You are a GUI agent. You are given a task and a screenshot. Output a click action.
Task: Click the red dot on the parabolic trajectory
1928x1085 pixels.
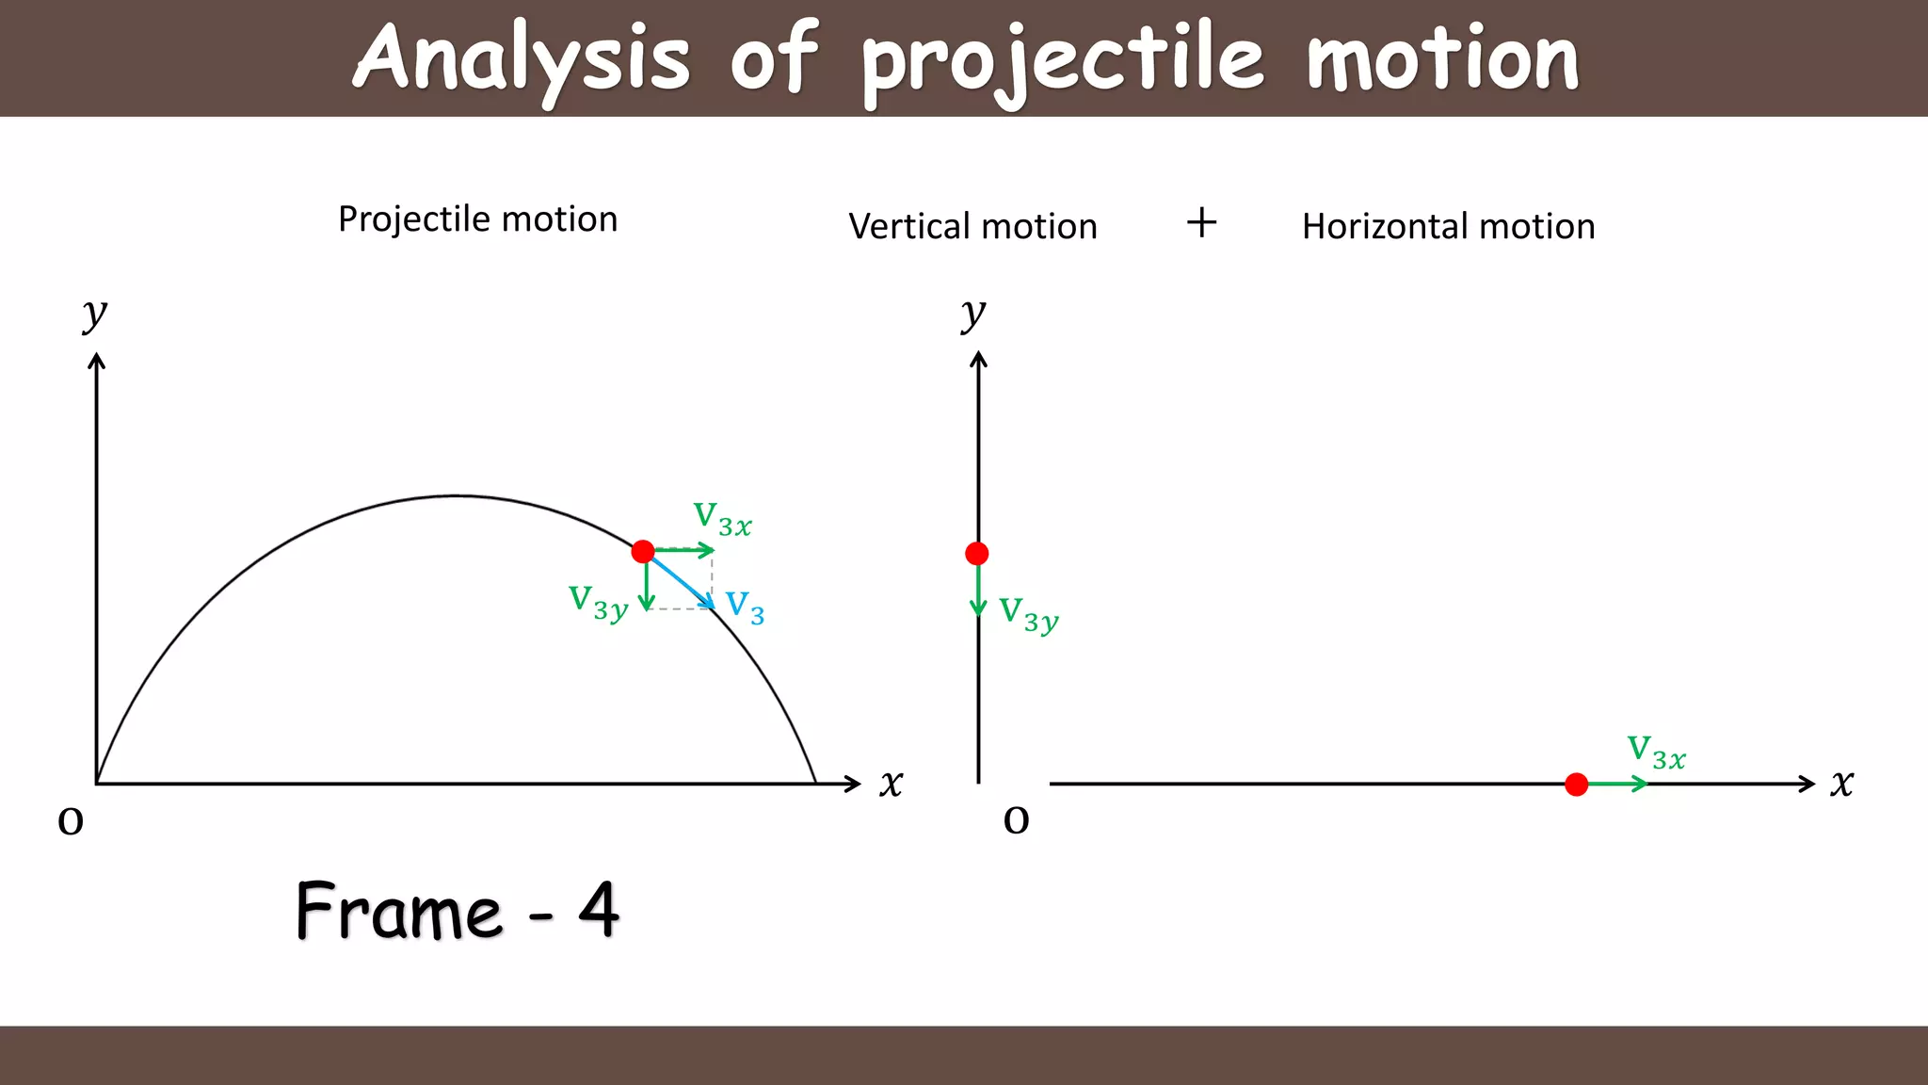pos(643,551)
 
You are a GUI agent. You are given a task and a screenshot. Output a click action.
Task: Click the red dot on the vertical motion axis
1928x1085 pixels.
pos(977,554)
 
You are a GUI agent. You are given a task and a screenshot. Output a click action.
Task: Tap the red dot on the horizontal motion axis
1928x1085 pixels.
pos(1577,785)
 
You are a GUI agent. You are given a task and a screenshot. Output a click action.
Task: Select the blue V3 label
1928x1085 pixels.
pos(745,607)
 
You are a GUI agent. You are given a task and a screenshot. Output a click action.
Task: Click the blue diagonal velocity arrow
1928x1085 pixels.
pos(681,581)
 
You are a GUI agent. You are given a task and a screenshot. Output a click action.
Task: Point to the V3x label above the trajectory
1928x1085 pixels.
pos(722,519)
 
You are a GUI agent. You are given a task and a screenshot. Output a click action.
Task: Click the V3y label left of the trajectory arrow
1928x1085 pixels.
pos(598,603)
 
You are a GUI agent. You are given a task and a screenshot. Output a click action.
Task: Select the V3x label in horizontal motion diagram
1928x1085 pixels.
pos(1656,753)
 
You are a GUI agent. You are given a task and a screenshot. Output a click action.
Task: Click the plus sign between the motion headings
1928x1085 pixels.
pos(1201,223)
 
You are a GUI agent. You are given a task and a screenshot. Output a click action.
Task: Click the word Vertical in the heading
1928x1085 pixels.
pos(908,227)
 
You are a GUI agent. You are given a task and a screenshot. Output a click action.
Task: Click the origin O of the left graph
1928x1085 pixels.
pos(71,821)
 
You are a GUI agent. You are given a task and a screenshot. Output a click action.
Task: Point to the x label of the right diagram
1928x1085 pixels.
pos(1842,784)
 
